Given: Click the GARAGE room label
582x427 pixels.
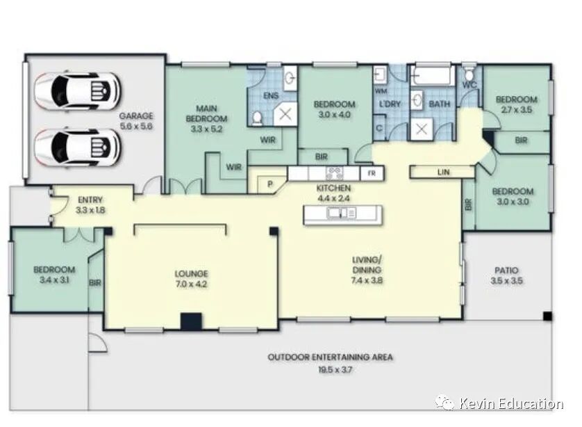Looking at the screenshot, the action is coord(136,116).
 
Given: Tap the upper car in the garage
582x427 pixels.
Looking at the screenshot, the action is coord(78,90).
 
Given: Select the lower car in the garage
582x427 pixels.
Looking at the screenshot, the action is coord(78,147).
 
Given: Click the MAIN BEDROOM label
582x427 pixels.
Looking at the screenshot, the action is coord(206,114).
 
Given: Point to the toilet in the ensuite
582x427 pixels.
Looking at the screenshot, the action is coord(257,118).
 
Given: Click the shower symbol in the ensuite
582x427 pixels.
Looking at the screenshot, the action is coord(285,114).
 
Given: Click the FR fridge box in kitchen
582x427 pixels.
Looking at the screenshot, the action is coord(372,174).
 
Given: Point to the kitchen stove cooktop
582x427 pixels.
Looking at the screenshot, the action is coord(334,173).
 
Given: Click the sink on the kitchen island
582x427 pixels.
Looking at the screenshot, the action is coord(342,213).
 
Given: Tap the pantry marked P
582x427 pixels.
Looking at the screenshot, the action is coord(270,184).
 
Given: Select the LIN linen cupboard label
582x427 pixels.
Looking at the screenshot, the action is coord(443,172).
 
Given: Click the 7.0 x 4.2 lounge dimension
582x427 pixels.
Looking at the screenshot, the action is coord(191,284).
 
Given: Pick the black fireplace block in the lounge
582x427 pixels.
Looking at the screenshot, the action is coord(191,321).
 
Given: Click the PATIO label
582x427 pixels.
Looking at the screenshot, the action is coord(506,270).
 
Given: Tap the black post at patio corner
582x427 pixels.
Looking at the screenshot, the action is coord(547,316).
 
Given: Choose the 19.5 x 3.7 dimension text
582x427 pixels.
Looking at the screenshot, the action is coord(335,370).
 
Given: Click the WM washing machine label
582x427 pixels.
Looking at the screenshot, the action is coord(381,91).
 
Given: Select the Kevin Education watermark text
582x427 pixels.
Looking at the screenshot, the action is coord(511,403).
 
